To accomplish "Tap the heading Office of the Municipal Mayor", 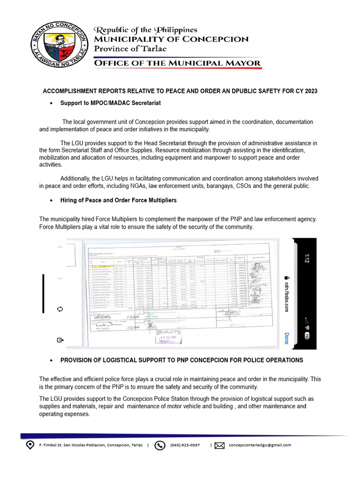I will click(177, 63).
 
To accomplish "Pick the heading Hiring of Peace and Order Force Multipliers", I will click(118, 200).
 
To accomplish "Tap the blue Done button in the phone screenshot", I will click(286, 338).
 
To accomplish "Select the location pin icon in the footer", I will click(30, 445).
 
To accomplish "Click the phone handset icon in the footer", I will click(160, 445).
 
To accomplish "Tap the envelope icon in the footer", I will click(219, 445).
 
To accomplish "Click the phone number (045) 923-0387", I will click(185, 445).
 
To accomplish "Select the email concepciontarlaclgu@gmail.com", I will click(260, 445).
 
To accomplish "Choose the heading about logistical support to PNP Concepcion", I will click(181, 360).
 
